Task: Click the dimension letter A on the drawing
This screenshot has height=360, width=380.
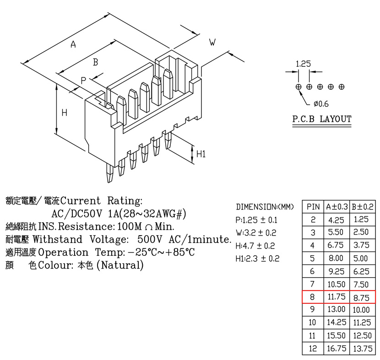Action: coord(73,44)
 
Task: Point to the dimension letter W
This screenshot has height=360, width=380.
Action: coord(212,43)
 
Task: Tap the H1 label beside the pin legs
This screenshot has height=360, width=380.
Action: coord(201,154)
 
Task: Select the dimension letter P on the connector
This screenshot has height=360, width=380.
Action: coord(83,81)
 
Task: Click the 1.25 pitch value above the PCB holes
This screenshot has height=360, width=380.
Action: coord(303,64)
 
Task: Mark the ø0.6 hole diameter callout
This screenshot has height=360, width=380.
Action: coord(321,104)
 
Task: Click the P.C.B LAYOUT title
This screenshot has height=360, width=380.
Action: coord(322,119)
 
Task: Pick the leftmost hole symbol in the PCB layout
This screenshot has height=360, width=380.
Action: coord(299,86)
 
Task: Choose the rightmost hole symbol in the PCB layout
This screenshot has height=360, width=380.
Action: coord(342,86)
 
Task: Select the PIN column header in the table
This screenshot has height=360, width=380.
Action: coord(313,207)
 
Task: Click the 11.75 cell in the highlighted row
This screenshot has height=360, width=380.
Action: coord(337,296)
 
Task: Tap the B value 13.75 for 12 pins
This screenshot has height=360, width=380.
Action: coord(363,349)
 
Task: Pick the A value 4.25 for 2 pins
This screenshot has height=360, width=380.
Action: coord(336,220)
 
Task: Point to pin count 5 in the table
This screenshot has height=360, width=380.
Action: coord(312,258)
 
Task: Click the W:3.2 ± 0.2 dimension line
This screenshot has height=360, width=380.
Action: coord(256,233)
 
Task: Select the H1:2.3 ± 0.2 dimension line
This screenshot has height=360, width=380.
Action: coord(257,258)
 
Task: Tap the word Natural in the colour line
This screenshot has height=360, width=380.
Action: coord(120,265)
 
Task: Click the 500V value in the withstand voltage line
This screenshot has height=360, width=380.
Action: coord(150,239)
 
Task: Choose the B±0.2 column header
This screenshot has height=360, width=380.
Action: coord(363,207)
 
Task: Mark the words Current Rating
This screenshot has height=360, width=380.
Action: coord(101,201)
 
